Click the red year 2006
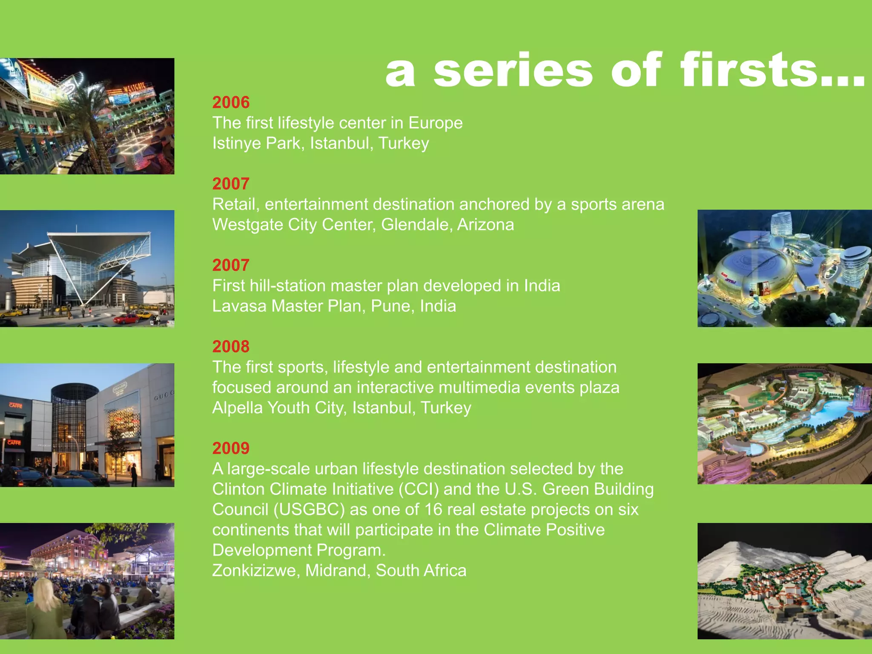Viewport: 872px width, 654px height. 231,103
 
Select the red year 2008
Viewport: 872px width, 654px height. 231,347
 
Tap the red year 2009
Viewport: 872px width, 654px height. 231,448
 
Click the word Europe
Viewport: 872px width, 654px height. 435,123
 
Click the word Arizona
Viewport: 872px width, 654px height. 485,225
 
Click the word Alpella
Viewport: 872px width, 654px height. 237,408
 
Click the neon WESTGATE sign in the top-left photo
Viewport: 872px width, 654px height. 135,89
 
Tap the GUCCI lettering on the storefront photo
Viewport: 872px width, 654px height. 163,395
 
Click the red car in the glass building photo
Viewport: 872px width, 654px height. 126,318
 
